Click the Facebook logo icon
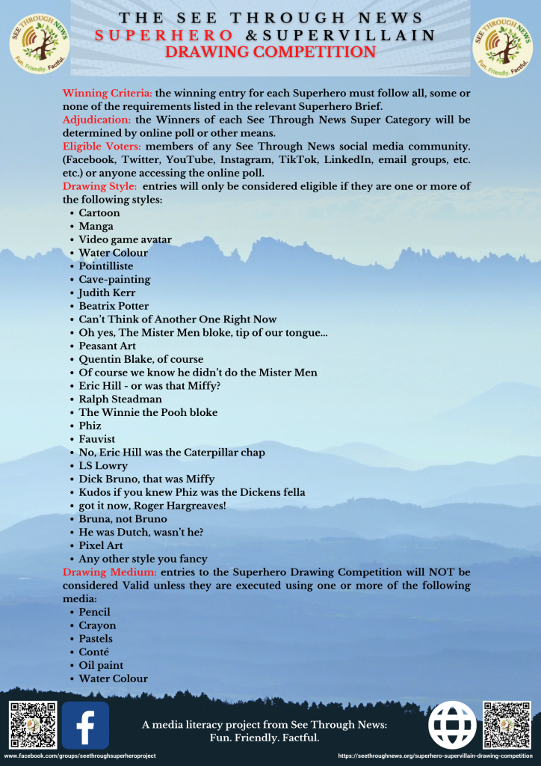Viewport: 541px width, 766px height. click(x=85, y=725)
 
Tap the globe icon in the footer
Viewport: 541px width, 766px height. click(x=452, y=725)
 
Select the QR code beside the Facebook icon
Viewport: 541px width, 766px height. click(x=32, y=725)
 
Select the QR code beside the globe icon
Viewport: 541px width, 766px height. click(x=507, y=725)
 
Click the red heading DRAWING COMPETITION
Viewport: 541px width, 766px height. click(x=270, y=52)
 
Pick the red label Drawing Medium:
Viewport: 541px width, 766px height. click(x=110, y=572)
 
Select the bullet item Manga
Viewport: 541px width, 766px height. click(x=96, y=226)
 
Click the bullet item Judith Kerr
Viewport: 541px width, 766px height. click(x=107, y=292)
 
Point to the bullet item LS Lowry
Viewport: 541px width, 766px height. click(x=103, y=465)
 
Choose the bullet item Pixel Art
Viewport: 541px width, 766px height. click(x=101, y=545)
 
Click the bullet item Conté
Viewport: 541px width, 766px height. click(x=94, y=652)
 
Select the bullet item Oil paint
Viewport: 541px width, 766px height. click(x=101, y=665)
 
